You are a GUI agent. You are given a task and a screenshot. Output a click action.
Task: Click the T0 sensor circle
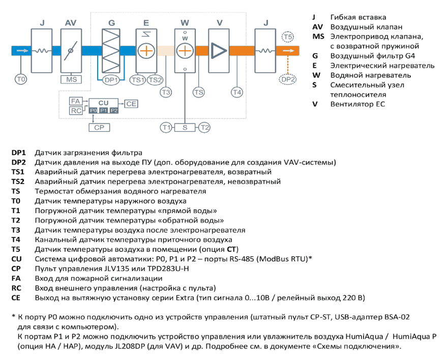pyautogui.click(x=21, y=79)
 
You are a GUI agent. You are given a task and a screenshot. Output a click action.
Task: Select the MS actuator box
pyautogui.click(x=71, y=79)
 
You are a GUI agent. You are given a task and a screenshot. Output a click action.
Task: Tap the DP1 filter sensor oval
pyautogui.click(x=111, y=80)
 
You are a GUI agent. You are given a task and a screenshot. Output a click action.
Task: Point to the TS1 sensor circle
pyautogui.click(x=138, y=80)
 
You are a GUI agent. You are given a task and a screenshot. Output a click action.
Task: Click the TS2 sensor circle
pyautogui.click(x=155, y=80)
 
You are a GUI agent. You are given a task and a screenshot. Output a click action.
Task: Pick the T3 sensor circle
pyautogui.click(x=166, y=92)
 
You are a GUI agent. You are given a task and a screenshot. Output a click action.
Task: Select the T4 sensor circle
pyautogui.click(x=237, y=92)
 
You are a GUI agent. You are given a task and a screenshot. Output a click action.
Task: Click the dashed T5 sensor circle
pyautogui.click(x=288, y=37)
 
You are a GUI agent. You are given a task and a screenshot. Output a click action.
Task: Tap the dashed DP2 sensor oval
pyautogui.click(x=288, y=79)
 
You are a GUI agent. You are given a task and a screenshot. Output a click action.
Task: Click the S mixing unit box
pyautogui.click(x=185, y=128)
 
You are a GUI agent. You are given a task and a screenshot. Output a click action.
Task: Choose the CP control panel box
pyautogui.click(x=99, y=128)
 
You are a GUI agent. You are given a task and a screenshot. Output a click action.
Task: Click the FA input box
pyautogui.click(x=76, y=101)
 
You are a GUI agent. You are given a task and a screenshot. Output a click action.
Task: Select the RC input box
pyautogui.click(x=76, y=111)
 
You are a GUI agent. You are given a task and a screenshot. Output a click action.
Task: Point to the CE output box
pyautogui.click(x=131, y=104)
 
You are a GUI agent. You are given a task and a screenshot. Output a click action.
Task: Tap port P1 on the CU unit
pyautogui.click(x=103, y=110)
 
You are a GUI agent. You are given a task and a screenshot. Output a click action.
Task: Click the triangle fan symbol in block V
pyautogui.click(x=219, y=51)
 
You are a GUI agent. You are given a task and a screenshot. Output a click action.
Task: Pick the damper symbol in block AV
pyautogui.click(x=71, y=51)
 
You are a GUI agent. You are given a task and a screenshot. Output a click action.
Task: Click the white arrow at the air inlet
pyautogui.click(x=22, y=51)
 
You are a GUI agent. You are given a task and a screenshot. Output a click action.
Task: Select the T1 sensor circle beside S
pyautogui.click(x=166, y=128)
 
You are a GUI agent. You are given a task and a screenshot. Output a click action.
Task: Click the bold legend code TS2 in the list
pyautogui.click(x=18, y=182)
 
